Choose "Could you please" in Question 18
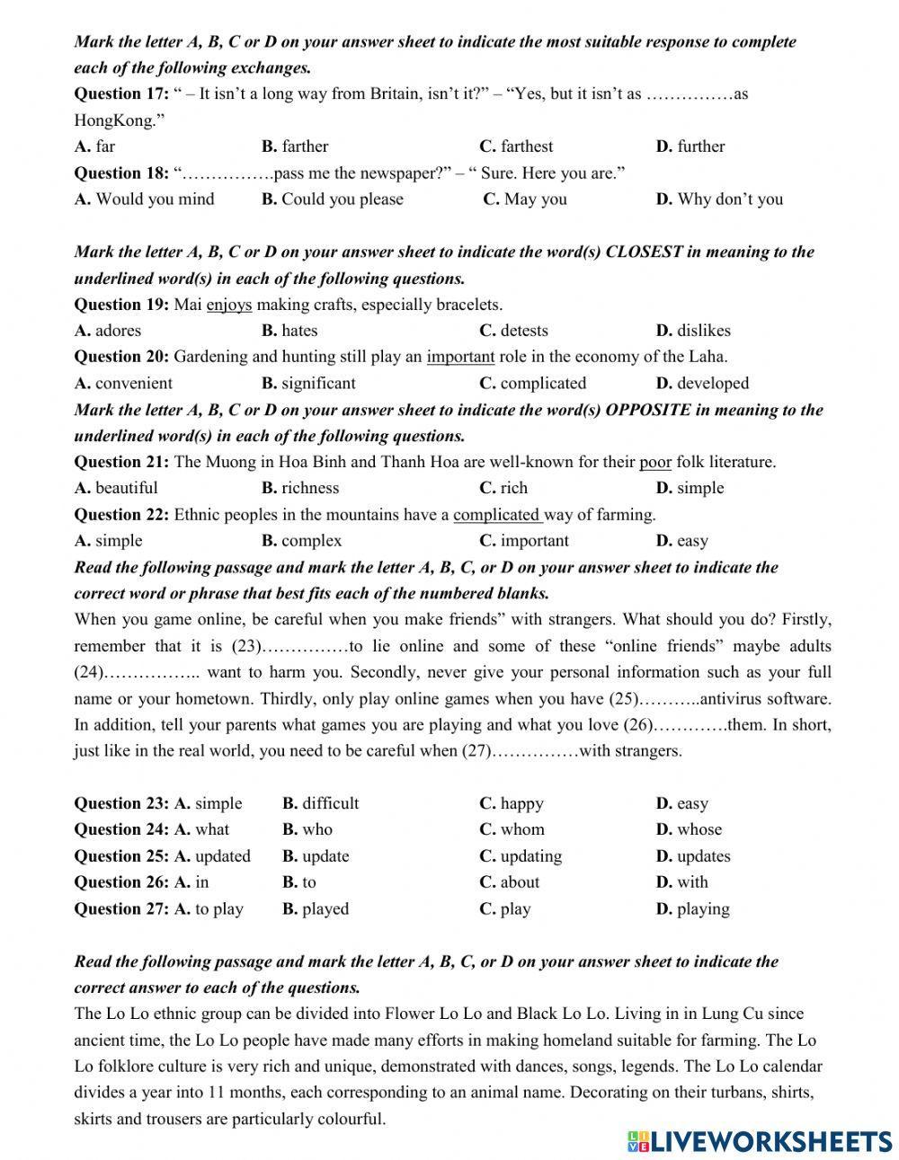[x=342, y=199]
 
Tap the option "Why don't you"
[x=729, y=199]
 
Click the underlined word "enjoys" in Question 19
[x=229, y=305]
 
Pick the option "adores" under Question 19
[x=118, y=331]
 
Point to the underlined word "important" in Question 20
[x=461, y=357]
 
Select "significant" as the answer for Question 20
[x=317, y=384]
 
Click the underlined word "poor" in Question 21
[x=655, y=463]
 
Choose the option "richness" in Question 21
[x=310, y=489]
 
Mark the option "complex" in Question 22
[x=311, y=541]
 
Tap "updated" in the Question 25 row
[x=222, y=856]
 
